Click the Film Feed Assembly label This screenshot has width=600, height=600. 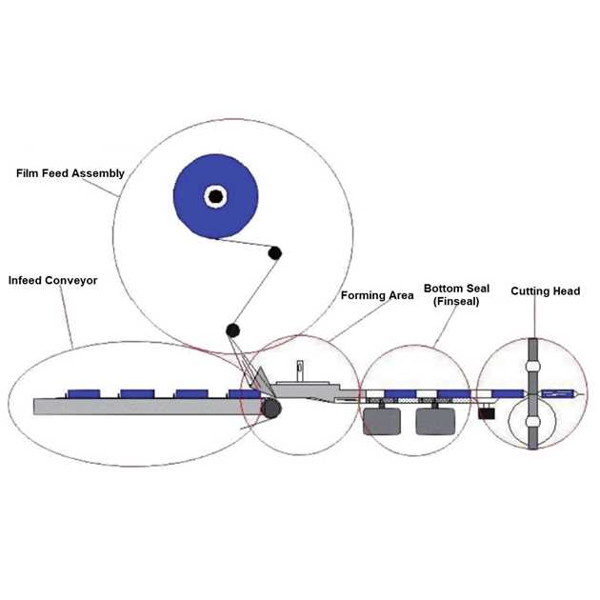tap(70, 173)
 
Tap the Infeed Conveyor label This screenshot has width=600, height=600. tap(53, 281)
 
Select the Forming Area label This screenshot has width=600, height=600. tap(377, 295)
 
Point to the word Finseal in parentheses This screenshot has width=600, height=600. tap(451, 301)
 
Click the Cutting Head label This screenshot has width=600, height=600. tap(546, 290)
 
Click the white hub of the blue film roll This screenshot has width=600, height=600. tap(216, 197)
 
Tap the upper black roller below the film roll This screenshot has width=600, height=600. tap(274, 253)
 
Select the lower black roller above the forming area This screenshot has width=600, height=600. tap(231, 330)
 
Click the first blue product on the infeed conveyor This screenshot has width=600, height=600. tap(84, 392)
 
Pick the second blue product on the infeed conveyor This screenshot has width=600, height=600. tap(137, 392)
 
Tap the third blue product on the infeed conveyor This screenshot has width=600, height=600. tap(190, 392)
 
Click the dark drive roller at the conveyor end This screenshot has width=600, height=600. tap(272, 409)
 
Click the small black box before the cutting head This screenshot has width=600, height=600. tap(487, 412)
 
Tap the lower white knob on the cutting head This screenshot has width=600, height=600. tap(533, 421)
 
